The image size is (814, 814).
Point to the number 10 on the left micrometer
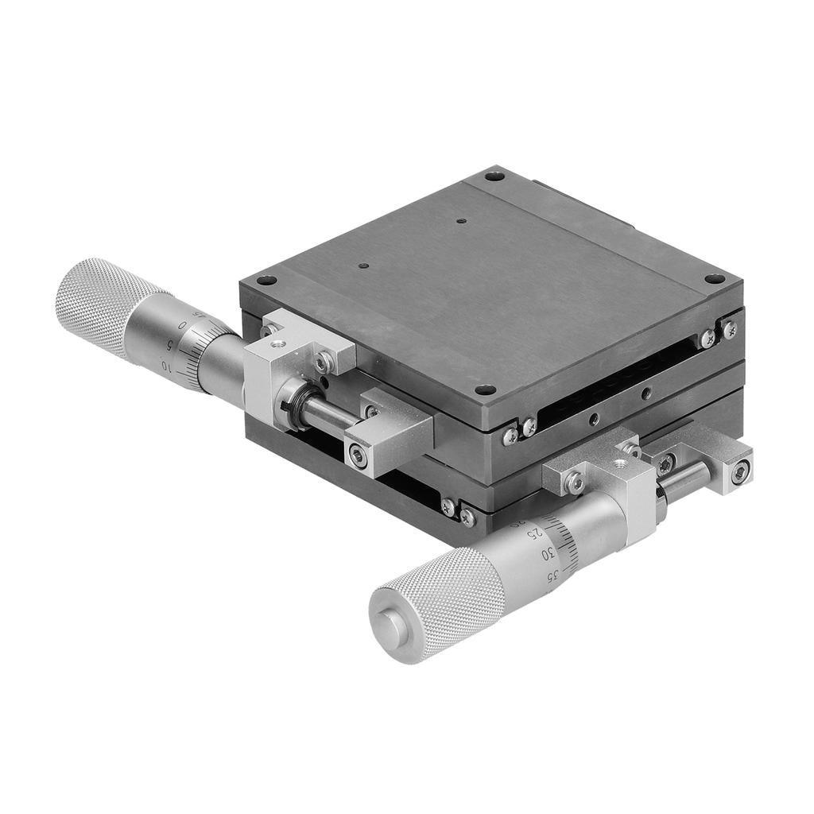click(x=168, y=366)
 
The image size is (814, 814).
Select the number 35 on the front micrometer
click(x=556, y=574)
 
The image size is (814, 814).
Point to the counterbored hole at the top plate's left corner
click(x=267, y=281)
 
